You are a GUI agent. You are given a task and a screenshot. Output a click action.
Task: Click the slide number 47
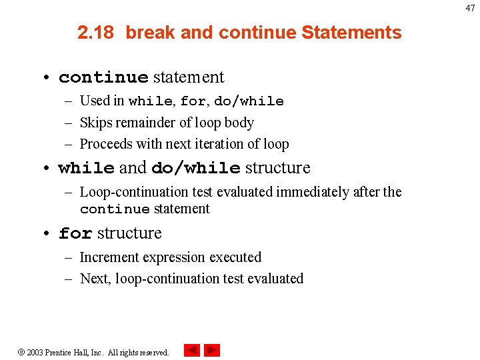tap(470, 8)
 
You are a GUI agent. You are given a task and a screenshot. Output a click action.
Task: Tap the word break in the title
tap(149, 33)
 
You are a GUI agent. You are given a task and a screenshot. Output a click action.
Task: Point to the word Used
tap(94, 101)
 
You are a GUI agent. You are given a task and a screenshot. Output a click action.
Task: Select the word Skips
tap(95, 122)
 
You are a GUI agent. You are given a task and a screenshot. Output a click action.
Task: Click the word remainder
tap(145, 122)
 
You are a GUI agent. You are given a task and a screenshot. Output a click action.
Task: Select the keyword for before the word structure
tap(75, 234)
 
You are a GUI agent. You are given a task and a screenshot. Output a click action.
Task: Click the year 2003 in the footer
tap(35, 352)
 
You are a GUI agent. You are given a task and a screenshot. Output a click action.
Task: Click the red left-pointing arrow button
tap(192, 351)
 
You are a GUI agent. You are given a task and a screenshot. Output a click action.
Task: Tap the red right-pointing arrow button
tap(212, 351)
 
